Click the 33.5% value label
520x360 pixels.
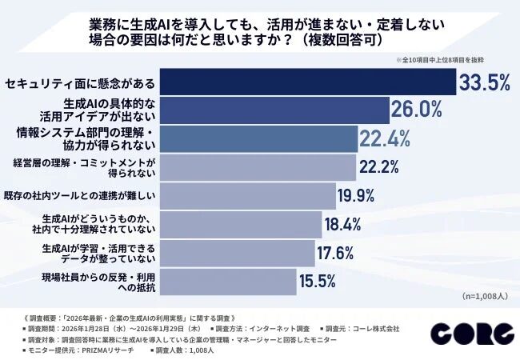485,82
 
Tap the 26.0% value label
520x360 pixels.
417,110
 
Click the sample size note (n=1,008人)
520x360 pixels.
486,296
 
